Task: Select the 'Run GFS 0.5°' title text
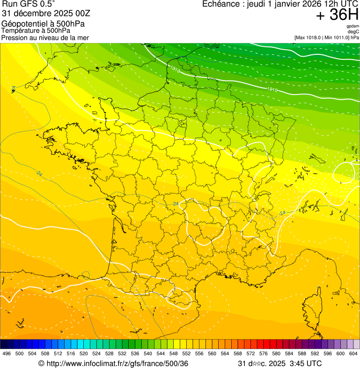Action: (29, 4)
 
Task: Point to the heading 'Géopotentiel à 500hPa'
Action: (43, 24)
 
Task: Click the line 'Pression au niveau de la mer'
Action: (45, 37)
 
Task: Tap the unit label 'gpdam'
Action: (353, 26)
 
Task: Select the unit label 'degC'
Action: (353, 31)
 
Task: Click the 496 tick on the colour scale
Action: (7, 353)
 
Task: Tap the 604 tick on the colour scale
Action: (353, 353)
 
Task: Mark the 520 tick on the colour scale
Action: (83, 353)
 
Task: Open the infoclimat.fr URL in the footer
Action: (117, 363)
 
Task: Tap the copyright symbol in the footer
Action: (41, 363)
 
